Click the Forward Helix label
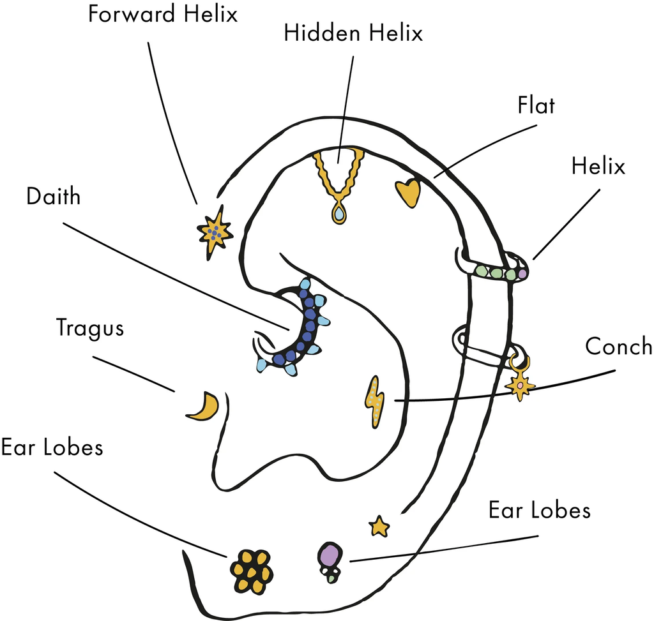click(x=163, y=14)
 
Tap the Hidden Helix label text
click(x=353, y=33)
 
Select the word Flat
click(x=536, y=105)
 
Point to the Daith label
click(x=54, y=197)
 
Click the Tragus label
click(x=90, y=328)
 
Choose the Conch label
click(x=619, y=347)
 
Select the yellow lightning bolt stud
click(x=375, y=401)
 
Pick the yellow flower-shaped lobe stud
click(x=252, y=571)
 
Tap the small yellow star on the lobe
click(x=379, y=527)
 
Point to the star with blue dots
click(x=215, y=232)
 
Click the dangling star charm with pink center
click(x=521, y=385)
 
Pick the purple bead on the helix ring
click(x=522, y=274)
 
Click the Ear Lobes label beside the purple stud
click(x=539, y=511)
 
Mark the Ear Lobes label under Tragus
click(x=52, y=447)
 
